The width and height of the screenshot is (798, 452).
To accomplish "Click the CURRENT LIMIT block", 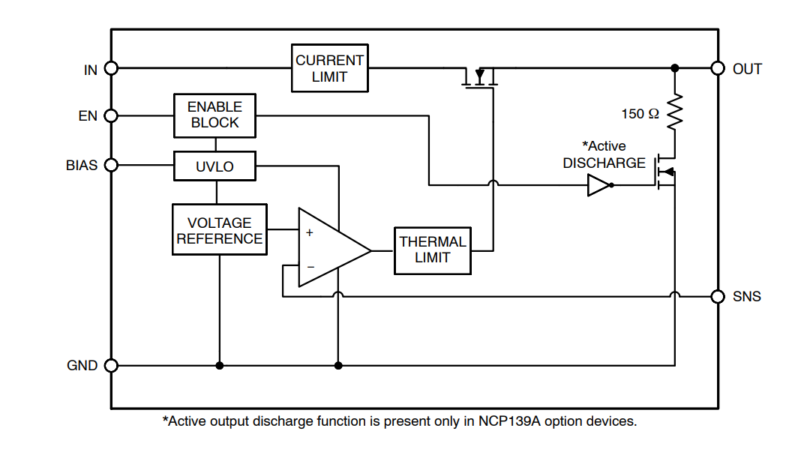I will [330, 68].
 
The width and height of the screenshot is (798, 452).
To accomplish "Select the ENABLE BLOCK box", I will [214, 115].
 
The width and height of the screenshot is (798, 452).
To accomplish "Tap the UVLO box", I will [214, 166].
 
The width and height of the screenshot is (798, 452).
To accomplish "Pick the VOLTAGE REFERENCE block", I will [219, 229].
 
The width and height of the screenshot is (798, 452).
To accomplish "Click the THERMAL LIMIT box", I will [433, 250].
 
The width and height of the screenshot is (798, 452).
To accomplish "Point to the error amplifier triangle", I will [330, 248].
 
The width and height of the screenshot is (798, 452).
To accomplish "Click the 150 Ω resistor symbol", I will [674, 111].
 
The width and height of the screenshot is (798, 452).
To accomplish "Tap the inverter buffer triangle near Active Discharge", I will [598, 185].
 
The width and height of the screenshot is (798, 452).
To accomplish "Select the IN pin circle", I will [111, 68].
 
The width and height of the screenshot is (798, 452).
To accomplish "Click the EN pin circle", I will [111, 115].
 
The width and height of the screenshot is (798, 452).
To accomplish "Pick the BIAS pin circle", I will [111, 165].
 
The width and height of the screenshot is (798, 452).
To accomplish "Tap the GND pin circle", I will [111, 366].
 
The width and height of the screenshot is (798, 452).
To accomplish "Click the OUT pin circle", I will [718, 68].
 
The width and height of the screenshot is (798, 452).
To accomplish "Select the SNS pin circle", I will [718, 296].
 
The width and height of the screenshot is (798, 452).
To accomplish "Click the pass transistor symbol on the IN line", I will [480, 78].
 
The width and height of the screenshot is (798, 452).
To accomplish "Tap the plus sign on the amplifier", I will [309, 232].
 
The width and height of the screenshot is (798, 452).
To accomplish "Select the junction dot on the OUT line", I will [674, 68].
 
